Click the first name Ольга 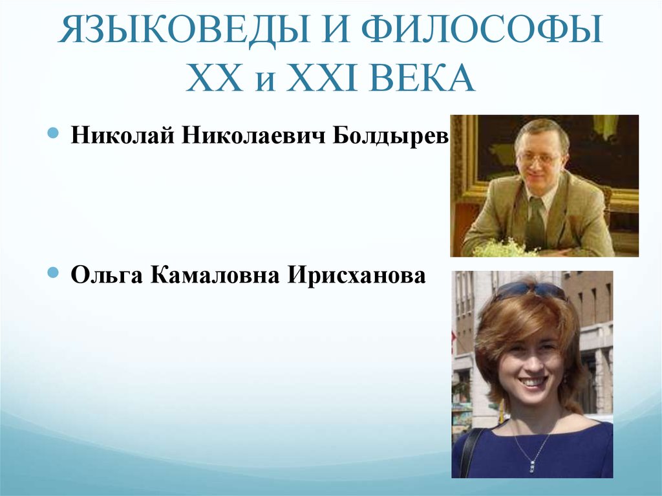click(x=107, y=276)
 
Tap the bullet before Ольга click(x=54, y=274)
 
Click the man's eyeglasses click(x=539, y=158)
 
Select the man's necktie click(x=535, y=223)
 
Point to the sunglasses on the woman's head click(x=528, y=290)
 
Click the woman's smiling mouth click(x=533, y=382)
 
